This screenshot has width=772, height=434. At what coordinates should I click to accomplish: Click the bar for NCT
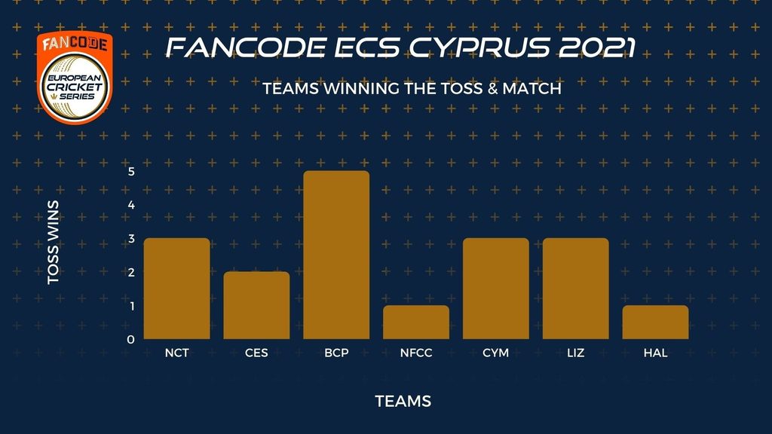176,289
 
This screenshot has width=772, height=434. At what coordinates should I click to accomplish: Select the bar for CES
256,305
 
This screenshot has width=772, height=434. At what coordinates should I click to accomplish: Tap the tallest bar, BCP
336,255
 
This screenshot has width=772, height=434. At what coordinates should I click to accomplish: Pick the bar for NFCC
416,322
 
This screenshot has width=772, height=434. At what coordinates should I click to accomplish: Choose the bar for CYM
496,289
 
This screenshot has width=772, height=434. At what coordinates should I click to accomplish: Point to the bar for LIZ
575,289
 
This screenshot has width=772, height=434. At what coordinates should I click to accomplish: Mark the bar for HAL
655,322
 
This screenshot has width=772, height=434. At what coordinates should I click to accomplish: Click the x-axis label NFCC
416,353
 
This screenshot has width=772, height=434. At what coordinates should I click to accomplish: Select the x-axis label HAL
655,353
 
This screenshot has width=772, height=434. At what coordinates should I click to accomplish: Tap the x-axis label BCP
336,353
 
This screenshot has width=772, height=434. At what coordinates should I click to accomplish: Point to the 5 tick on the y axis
131,171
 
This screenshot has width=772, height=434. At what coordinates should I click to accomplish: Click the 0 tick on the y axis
130,340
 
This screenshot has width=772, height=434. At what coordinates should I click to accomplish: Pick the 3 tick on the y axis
131,239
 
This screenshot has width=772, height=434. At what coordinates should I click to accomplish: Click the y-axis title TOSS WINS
54,242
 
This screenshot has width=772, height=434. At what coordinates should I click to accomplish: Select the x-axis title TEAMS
403,401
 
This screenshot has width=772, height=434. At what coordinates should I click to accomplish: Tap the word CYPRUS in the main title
479,47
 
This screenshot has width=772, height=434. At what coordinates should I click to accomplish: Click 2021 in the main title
597,47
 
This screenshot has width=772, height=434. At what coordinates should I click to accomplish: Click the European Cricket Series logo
75,78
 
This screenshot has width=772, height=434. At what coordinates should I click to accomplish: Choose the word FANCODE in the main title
247,47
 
